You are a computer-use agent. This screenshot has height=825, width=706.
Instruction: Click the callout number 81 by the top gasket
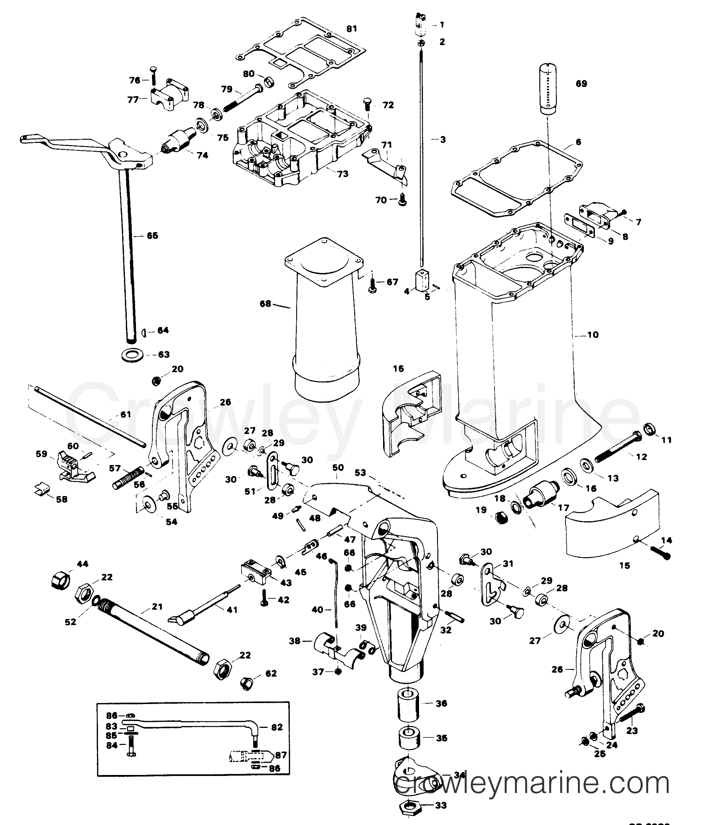click(351, 29)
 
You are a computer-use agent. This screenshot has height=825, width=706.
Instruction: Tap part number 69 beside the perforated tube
click(581, 84)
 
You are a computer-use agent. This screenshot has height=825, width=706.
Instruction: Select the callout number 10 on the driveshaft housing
click(593, 335)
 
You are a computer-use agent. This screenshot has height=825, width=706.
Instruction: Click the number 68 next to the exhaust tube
click(265, 304)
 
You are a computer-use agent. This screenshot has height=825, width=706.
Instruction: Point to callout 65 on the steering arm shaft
click(152, 236)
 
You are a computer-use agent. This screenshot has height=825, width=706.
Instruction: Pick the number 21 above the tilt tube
click(157, 607)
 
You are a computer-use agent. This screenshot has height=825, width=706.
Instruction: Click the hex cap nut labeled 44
click(60, 582)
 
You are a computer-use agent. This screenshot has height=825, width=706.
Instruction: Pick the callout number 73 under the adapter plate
click(342, 174)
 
